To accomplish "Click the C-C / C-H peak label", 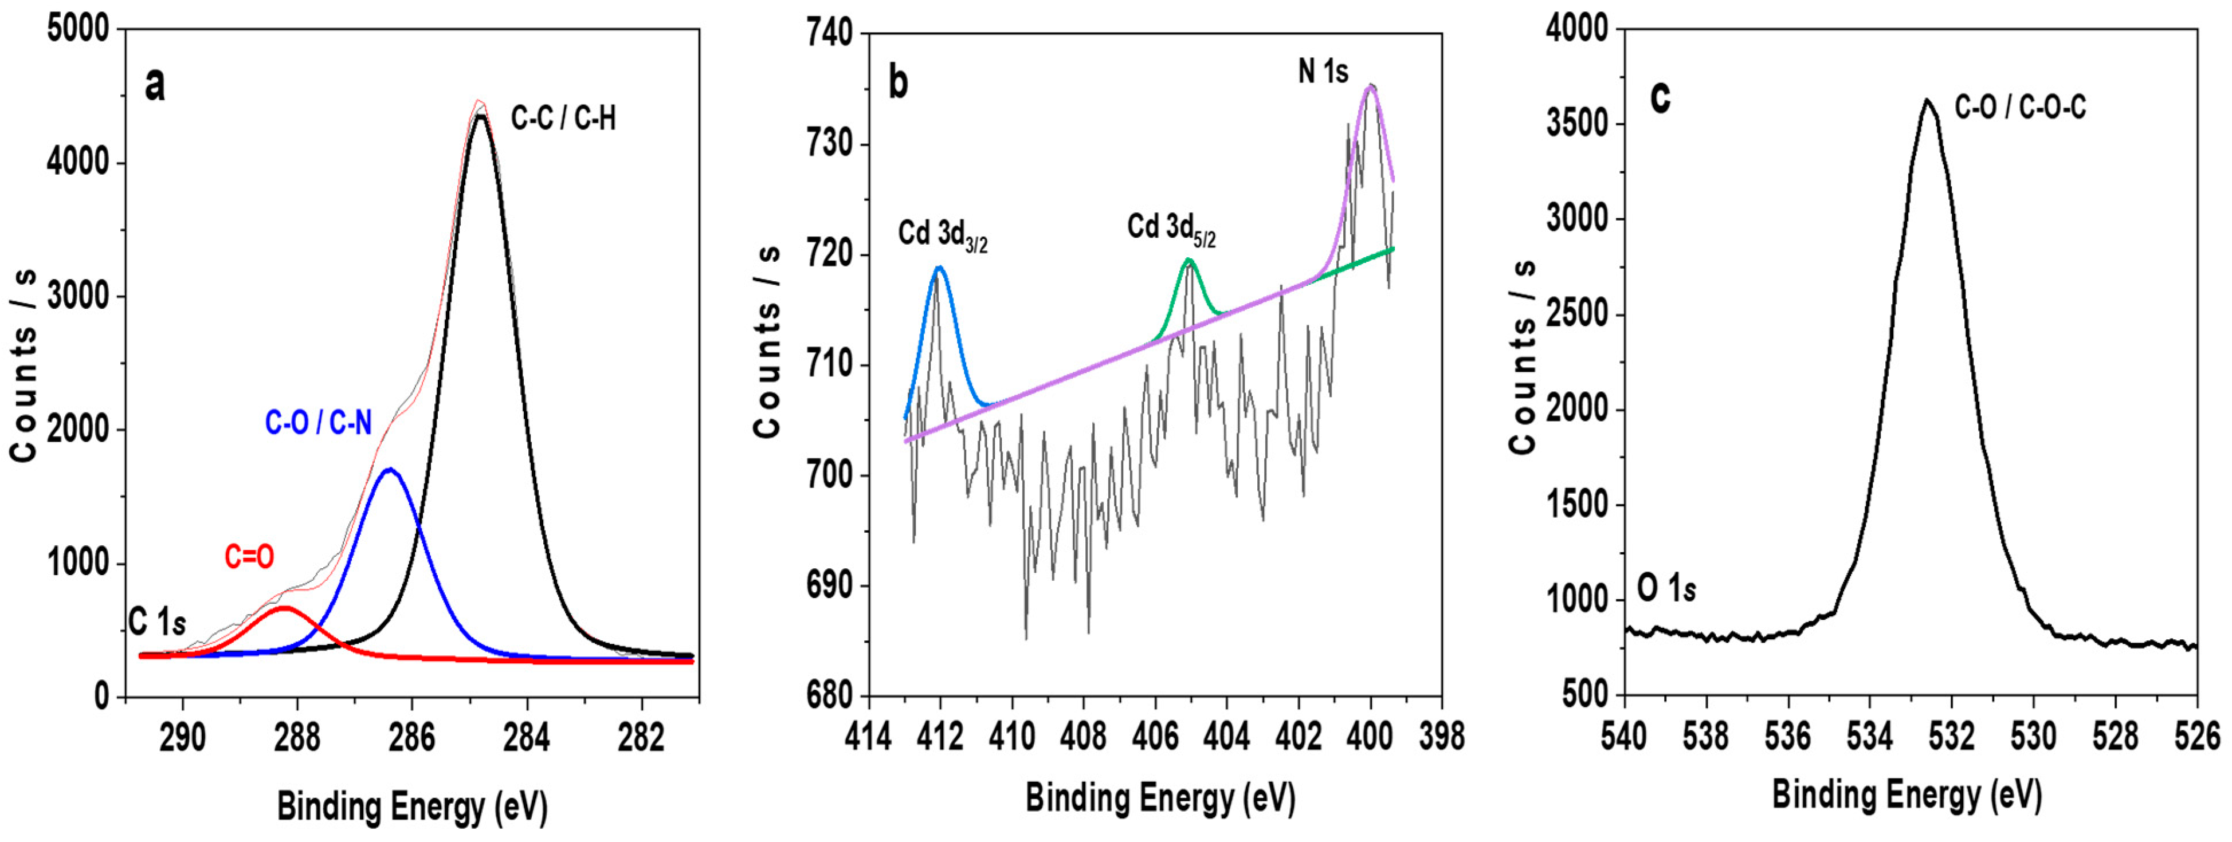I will click(563, 119).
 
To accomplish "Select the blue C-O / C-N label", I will click(318, 423).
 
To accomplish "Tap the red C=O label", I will click(249, 557).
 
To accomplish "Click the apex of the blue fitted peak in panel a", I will click(390, 470).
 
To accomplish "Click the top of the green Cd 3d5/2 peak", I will click(1189, 259).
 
